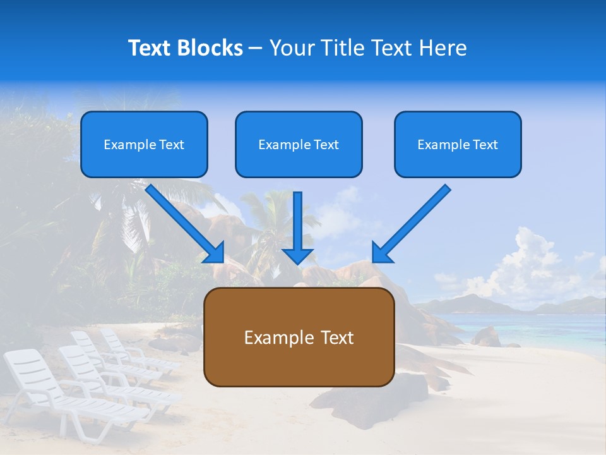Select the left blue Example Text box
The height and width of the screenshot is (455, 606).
[x=144, y=145]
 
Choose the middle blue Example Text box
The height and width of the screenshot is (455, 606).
[x=299, y=145]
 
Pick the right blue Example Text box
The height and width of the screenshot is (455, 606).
[x=458, y=145]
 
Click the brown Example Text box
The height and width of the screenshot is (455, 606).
[x=299, y=337]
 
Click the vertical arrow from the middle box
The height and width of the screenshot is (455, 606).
[x=298, y=224]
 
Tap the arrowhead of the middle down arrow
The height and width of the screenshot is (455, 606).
[x=298, y=256]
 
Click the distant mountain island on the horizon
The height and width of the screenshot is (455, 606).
[x=467, y=303]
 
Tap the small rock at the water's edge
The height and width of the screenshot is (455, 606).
[x=486, y=336]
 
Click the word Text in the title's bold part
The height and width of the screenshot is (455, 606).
[x=150, y=48]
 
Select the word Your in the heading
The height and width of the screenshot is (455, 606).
[x=291, y=48]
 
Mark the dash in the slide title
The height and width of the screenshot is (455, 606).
[x=256, y=49]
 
